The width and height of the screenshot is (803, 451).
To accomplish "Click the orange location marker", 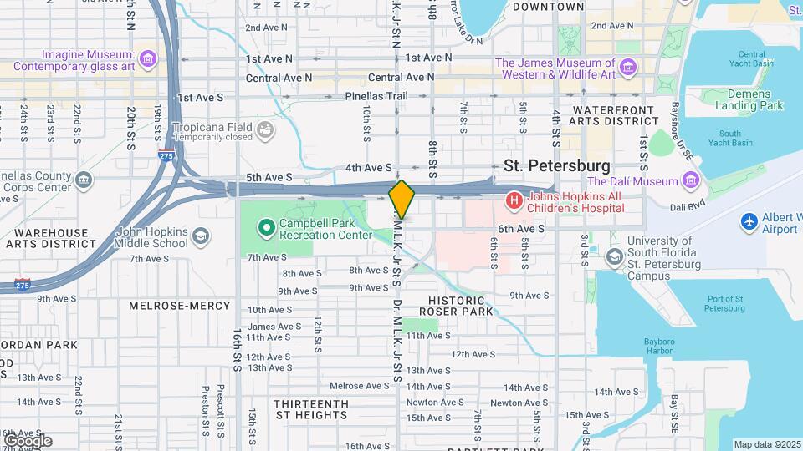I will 401,199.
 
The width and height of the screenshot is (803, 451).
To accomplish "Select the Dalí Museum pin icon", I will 690,180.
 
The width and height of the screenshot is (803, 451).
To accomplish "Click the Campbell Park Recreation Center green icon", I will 266,226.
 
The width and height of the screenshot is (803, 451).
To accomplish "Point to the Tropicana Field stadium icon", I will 265,129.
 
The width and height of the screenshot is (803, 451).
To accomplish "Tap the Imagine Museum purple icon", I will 148,58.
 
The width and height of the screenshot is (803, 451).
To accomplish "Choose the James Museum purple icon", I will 628,65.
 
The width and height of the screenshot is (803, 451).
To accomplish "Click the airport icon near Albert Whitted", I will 749,221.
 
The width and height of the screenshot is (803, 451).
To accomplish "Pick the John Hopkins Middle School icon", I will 200,237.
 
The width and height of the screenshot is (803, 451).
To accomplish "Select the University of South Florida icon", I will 615,257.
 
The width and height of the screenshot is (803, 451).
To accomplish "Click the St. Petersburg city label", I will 556,165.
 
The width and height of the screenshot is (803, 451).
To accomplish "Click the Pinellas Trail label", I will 376,96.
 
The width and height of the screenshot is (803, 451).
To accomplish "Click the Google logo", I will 28,440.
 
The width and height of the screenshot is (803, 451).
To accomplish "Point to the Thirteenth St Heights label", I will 311,409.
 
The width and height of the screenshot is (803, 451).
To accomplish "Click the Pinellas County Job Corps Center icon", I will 84,180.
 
